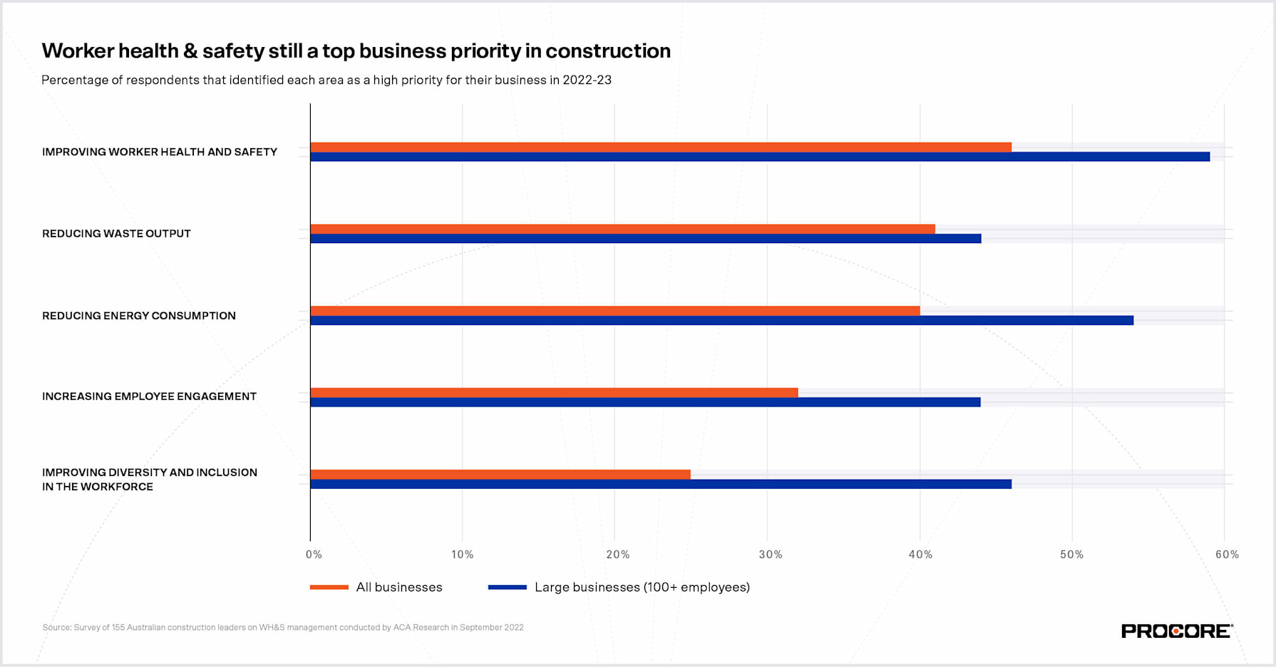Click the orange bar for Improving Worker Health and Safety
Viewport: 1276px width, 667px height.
coord(660,147)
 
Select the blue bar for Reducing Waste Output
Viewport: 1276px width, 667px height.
coord(645,239)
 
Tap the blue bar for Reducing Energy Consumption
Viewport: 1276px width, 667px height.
coord(721,321)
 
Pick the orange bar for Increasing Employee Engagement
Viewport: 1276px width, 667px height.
coord(554,393)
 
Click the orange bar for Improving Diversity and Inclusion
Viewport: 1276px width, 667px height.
coord(500,475)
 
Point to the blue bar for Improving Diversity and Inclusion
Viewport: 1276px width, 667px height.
coord(660,485)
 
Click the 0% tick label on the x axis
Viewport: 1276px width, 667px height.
coord(314,554)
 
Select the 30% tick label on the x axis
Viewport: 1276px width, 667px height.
coord(770,554)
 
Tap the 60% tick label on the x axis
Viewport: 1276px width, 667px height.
coord(1227,554)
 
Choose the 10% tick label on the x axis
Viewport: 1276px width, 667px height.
coord(462,554)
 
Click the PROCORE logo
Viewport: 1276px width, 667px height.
coord(1176,631)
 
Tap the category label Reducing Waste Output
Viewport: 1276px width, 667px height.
coord(116,234)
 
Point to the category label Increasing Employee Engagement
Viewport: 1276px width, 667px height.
coord(149,396)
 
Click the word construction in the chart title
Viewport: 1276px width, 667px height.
coord(607,51)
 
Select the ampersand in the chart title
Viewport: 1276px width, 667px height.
coord(190,51)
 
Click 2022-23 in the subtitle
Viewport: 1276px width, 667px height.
coord(587,80)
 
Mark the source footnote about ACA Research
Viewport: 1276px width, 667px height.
coord(283,628)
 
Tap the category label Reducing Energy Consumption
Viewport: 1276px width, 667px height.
coord(138,316)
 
